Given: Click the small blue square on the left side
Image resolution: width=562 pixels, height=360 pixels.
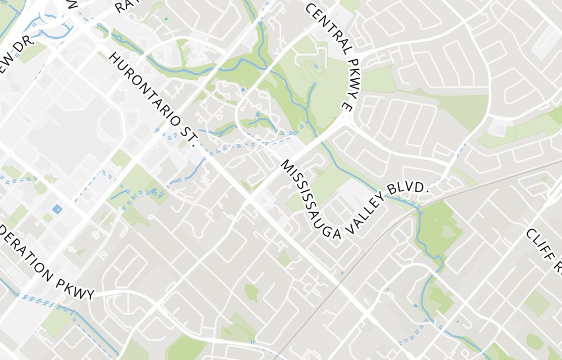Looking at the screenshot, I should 57,209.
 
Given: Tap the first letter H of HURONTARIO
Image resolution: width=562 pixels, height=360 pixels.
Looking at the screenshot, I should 114,58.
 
